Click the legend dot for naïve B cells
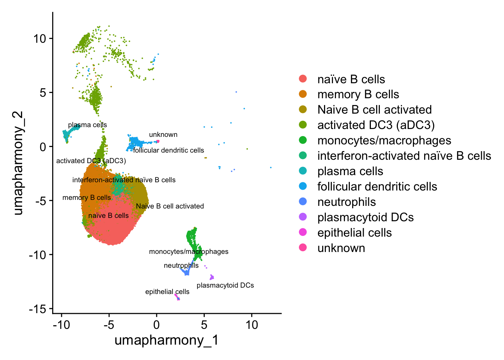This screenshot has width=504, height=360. coord(303,79)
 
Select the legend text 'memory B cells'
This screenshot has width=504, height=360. coord(358,94)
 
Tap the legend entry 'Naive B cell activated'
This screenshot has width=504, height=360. coord(374,110)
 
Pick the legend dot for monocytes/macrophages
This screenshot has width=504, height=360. coord(303,140)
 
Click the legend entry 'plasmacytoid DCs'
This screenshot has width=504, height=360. coord(365,217)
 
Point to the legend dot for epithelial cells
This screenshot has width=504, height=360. coord(303,232)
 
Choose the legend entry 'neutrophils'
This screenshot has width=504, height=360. coord(346,202)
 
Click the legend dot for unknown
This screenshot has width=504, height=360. coord(303,248)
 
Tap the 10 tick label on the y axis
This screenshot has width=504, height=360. coord(40,39)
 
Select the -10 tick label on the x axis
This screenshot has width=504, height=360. coord(61,325)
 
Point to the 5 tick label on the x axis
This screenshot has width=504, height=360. coord(204,325)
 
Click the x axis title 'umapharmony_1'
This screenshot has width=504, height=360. coord(166,340)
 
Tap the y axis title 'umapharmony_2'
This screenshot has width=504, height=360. coord(18,163)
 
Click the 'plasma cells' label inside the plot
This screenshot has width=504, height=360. coord(87,125)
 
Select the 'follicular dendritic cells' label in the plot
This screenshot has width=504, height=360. coord(168,150)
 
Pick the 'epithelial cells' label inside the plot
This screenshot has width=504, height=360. coord(167,292)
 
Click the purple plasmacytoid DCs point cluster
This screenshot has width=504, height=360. coord(211,277)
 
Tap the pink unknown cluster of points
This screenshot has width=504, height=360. coord(157,141)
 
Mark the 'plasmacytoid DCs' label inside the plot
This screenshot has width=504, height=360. coord(225,285)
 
